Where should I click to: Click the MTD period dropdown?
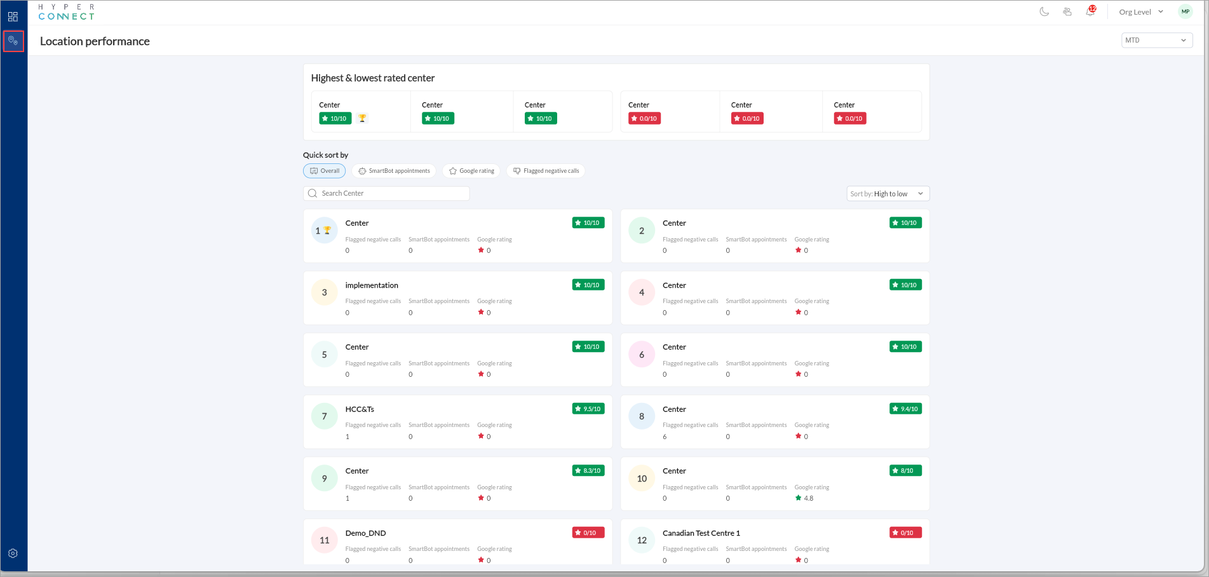click(1156, 40)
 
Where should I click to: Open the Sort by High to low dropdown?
click(888, 194)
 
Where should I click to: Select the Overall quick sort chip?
click(325, 171)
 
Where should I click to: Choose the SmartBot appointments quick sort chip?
click(394, 171)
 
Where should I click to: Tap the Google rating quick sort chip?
click(471, 171)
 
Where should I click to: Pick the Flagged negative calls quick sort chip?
click(546, 171)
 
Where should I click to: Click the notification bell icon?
click(1090, 12)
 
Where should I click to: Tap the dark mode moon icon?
click(1044, 12)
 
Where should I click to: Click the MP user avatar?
click(1185, 12)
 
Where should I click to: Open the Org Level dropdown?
click(1141, 12)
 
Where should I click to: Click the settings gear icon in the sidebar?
click(13, 553)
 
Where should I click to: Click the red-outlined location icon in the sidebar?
click(13, 41)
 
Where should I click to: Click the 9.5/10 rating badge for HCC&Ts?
click(588, 409)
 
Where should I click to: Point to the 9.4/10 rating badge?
click(905, 409)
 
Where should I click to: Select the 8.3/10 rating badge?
click(588, 471)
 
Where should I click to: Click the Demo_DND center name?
click(365, 533)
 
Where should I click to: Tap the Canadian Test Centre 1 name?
click(701, 533)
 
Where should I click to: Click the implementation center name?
click(372, 285)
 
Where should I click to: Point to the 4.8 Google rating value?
click(808, 498)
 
